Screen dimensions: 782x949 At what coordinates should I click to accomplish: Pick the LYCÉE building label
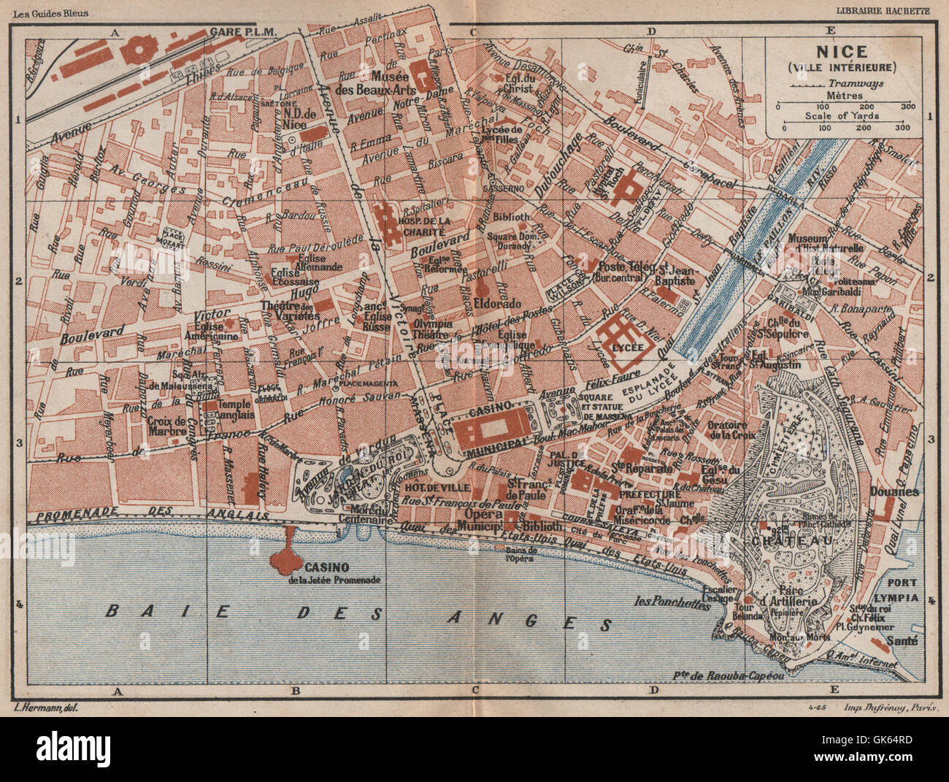pos(629,348)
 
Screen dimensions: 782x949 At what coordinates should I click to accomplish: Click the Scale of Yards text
pos(842,116)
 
